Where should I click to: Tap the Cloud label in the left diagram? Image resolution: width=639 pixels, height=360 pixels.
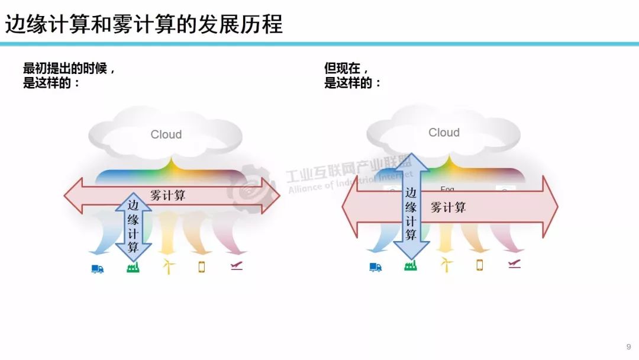(166, 134)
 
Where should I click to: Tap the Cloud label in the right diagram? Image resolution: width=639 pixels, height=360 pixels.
(444, 133)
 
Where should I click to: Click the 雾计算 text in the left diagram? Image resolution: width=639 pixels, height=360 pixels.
(168, 195)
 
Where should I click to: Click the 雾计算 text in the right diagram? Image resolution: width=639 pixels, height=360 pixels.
(448, 207)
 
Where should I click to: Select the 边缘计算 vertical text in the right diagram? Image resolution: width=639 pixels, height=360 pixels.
(411, 214)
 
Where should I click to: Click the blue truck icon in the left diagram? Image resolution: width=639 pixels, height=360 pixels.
(98, 269)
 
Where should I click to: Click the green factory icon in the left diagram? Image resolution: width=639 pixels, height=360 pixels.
(133, 268)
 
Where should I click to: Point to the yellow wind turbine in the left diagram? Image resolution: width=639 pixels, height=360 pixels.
(169, 266)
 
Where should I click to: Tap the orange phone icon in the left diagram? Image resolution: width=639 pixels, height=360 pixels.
(201, 267)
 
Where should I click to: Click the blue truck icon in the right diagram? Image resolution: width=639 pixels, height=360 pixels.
(375, 267)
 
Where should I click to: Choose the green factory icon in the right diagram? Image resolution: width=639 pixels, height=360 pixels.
(410, 266)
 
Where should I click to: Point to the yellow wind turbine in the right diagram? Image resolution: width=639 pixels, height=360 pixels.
(446, 265)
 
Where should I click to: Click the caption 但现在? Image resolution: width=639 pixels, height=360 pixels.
(346, 69)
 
